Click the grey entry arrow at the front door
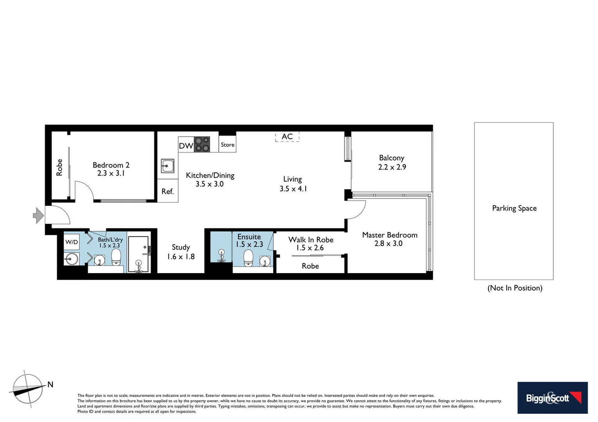(x=38, y=215)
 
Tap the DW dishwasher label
(x=186, y=146)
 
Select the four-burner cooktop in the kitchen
(x=202, y=144)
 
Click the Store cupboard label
(x=227, y=145)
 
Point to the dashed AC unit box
(x=287, y=136)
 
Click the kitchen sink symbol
(x=168, y=166)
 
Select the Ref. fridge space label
(x=168, y=191)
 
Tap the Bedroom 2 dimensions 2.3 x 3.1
(x=111, y=173)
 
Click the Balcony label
(x=391, y=158)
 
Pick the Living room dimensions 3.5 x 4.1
(x=293, y=189)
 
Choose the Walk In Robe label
(x=311, y=240)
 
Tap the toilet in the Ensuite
(x=248, y=258)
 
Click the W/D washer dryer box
(x=72, y=242)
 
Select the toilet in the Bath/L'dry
(x=116, y=257)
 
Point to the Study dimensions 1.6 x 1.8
(x=181, y=257)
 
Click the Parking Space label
(x=514, y=208)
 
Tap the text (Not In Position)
(x=515, y=288)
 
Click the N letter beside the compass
(x=50, y=384)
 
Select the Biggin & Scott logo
(x=552, y=398)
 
